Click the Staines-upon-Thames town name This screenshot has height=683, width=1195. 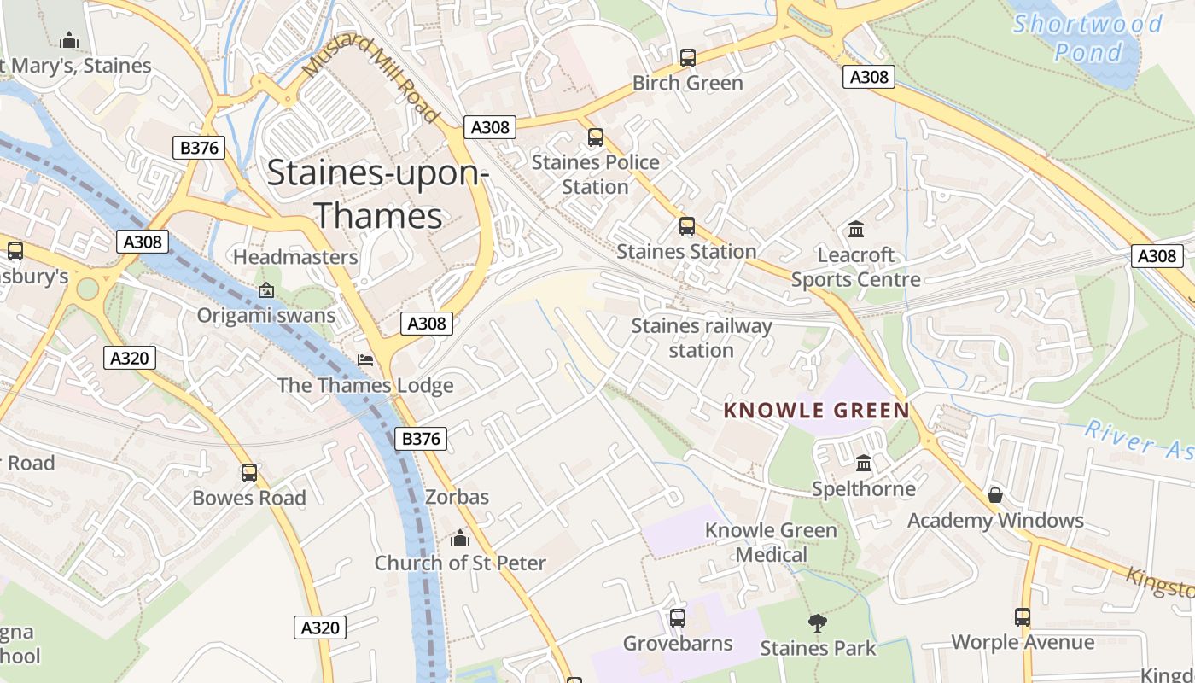[x=377, y=195]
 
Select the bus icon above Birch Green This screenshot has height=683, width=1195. [x=687, y=58]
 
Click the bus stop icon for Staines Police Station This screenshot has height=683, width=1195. [x=596, y=137]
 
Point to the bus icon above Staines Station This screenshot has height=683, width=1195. [x=687, y=226]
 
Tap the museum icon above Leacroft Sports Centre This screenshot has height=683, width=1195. [x=856, y=230]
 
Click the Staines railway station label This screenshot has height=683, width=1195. [x=701, y=338]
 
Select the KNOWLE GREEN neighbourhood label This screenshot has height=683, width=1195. [x=816, y=411]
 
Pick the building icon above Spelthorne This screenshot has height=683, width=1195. [x=864, y=464]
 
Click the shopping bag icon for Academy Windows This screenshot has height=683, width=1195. [x=994, y=495]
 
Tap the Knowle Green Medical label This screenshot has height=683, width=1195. [x=771, y=542]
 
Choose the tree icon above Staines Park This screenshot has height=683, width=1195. [x=817, y=623]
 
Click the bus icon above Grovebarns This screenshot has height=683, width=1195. [x=678, y=617]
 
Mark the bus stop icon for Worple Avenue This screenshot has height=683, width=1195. [x=1023, y=616]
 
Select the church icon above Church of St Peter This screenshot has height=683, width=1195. [x=460, y=538]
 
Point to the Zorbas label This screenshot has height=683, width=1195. [x=457, y=497]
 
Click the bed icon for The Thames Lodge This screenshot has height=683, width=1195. [x=365, y=360]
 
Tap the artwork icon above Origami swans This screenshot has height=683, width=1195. [x=266, y=290]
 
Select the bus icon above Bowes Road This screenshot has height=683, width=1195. [x=249, y=472]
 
